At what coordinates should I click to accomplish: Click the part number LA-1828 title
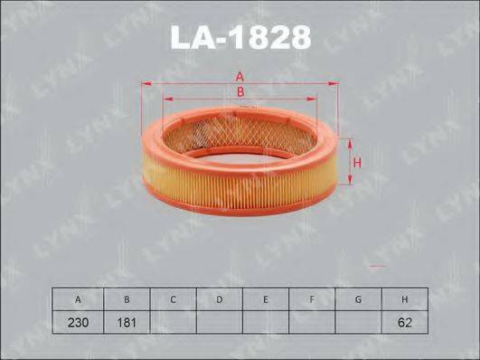tap(240, 37)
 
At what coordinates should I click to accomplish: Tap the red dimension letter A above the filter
tap(240, 77)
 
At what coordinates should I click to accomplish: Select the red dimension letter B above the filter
tap(240, 91)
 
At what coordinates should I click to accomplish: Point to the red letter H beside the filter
tap(357, 163)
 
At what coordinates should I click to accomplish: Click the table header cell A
tap(78, 299)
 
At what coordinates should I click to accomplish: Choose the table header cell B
tap(127, 299)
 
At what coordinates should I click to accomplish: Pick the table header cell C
tap(173, 299)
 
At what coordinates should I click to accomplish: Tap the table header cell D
tap(219, 299)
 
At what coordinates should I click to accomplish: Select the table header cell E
tap(266, 299)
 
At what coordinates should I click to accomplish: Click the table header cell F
tap(312, 299)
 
